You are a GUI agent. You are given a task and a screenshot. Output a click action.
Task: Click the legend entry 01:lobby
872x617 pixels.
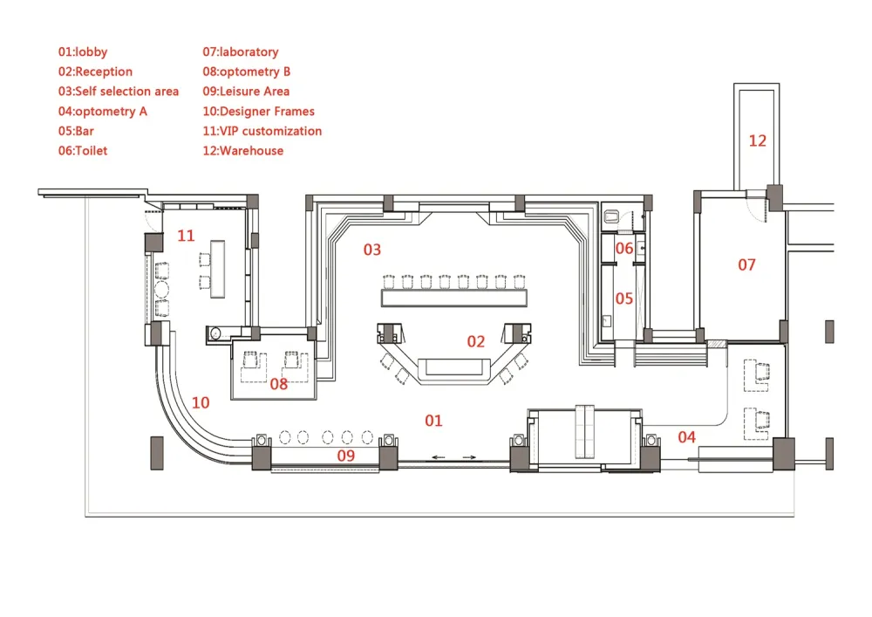coord(83,51)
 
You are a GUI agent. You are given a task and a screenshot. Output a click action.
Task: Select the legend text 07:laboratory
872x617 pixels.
coord(241,51)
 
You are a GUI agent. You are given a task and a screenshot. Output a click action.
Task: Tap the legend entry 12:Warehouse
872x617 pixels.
coord(243,151)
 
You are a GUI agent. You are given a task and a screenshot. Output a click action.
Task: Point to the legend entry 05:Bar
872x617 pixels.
coord(76,131)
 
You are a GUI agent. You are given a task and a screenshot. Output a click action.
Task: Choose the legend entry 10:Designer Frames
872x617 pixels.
coord(259,112)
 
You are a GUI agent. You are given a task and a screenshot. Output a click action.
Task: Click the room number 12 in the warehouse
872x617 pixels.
coord(758,141)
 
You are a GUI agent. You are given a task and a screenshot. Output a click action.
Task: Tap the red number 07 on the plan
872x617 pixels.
coord(747,264)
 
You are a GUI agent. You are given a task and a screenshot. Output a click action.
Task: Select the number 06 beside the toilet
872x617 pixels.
coord(624,248)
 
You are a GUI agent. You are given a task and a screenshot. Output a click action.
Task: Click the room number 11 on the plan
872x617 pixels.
coord(186,236)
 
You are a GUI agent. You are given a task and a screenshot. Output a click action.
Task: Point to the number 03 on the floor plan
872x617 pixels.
coord(372,250)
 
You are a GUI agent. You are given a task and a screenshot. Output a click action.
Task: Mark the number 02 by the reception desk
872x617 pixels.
coord(476,341)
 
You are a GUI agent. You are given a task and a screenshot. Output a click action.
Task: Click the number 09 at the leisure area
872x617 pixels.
coord(346,456)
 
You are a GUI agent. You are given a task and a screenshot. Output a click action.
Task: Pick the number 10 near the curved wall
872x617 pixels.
coord(201,403)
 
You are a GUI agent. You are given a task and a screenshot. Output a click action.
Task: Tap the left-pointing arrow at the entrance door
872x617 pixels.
coord(439,457)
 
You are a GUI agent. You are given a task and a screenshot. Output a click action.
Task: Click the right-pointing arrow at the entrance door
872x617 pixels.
coord(469,457)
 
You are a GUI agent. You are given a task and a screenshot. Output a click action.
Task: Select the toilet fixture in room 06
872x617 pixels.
coord(611,216)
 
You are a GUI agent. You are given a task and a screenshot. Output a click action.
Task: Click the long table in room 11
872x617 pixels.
coord(217,269)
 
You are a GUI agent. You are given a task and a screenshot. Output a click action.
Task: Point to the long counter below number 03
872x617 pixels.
coord(453,298)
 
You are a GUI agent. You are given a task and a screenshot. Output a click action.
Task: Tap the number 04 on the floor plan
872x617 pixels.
coord(687,437)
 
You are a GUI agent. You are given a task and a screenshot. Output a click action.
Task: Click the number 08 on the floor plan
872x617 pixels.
coord(279,384)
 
